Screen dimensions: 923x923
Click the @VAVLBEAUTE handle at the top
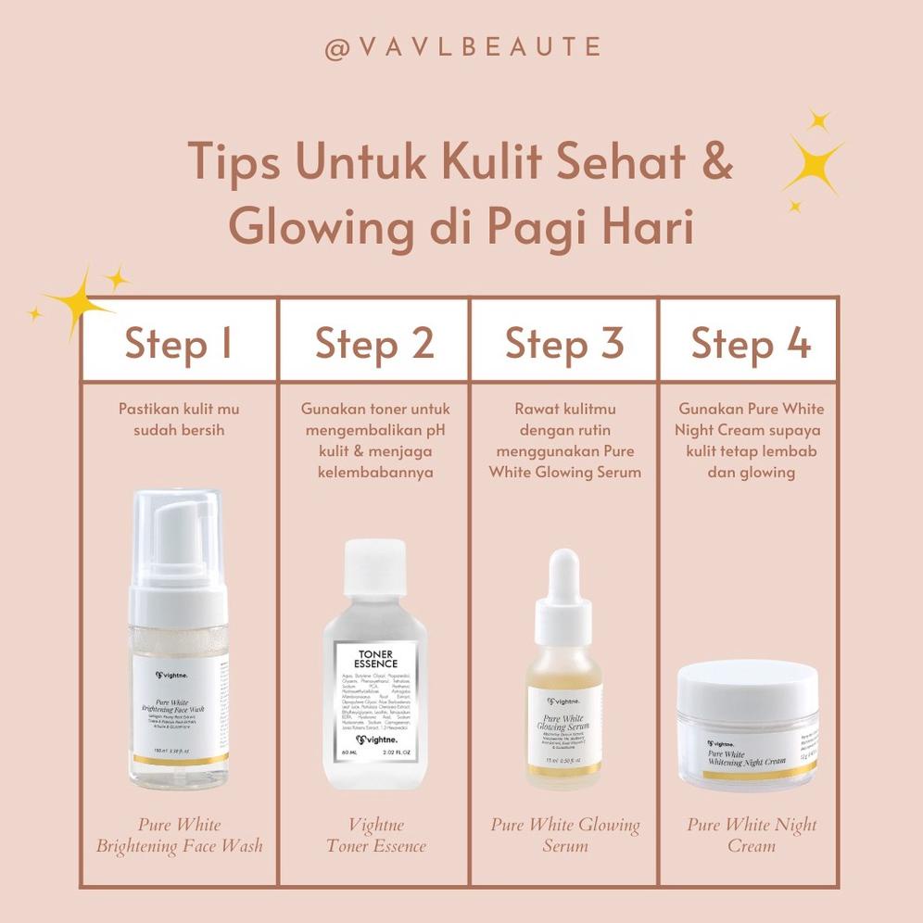462,47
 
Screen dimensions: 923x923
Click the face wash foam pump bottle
178,639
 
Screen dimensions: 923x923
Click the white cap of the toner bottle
375,567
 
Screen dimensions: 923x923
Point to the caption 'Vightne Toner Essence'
375,835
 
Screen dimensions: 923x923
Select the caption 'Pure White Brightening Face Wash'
179,835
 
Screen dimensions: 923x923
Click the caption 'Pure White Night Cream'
752,835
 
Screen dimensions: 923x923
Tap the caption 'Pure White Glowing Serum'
564,835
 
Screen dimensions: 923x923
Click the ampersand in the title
711,162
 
